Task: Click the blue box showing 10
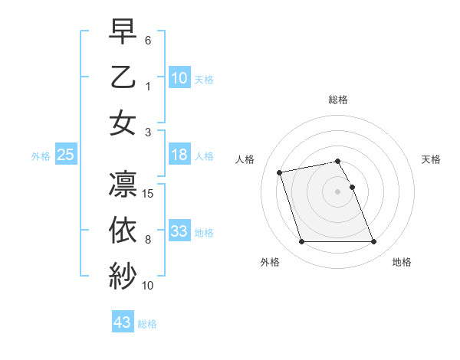pos(179,77)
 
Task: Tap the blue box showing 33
pos(179,231)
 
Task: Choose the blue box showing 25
pos(66,155)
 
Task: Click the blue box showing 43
pos(123,322)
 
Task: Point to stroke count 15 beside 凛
pos(149,194)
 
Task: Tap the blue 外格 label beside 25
pos(41,156)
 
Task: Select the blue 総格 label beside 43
pos(147,324)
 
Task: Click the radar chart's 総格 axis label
pos(338,100)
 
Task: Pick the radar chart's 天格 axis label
pos(431,159)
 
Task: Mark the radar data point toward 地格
pos(373,242)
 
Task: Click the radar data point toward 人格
pos(280,172)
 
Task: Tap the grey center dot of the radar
pos(338,191)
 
